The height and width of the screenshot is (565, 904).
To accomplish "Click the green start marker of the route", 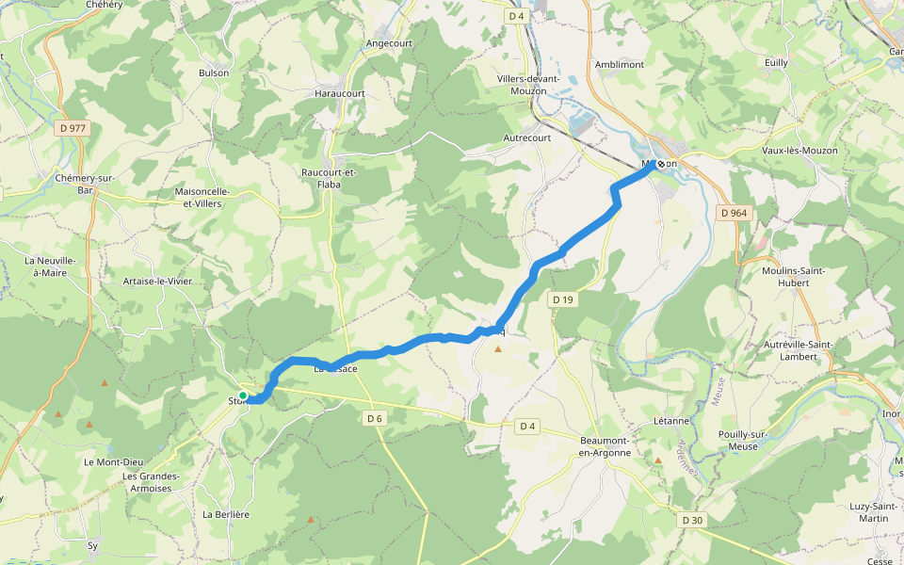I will tap(243, 395).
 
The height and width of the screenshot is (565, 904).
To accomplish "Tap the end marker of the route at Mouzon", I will tap(660, 164).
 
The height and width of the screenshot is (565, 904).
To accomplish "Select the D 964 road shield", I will tap(733, 213).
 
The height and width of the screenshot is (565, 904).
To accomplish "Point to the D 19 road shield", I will tap(562, 299).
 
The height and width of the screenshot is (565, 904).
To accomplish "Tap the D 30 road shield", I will tap(691, 520).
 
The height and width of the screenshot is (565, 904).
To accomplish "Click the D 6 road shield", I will tap(375, 418).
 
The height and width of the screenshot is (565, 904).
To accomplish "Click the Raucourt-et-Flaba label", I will tap(328, 178).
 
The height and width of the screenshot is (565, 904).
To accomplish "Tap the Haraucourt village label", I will tap(339, 94).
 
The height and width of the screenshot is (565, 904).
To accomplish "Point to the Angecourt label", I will tap(390, 43).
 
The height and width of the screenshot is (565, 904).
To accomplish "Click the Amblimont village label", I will tap(620, 64).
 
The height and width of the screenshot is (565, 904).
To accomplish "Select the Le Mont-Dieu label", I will tap(114, 461).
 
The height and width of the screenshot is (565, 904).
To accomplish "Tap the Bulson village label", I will tap(214, 73).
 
